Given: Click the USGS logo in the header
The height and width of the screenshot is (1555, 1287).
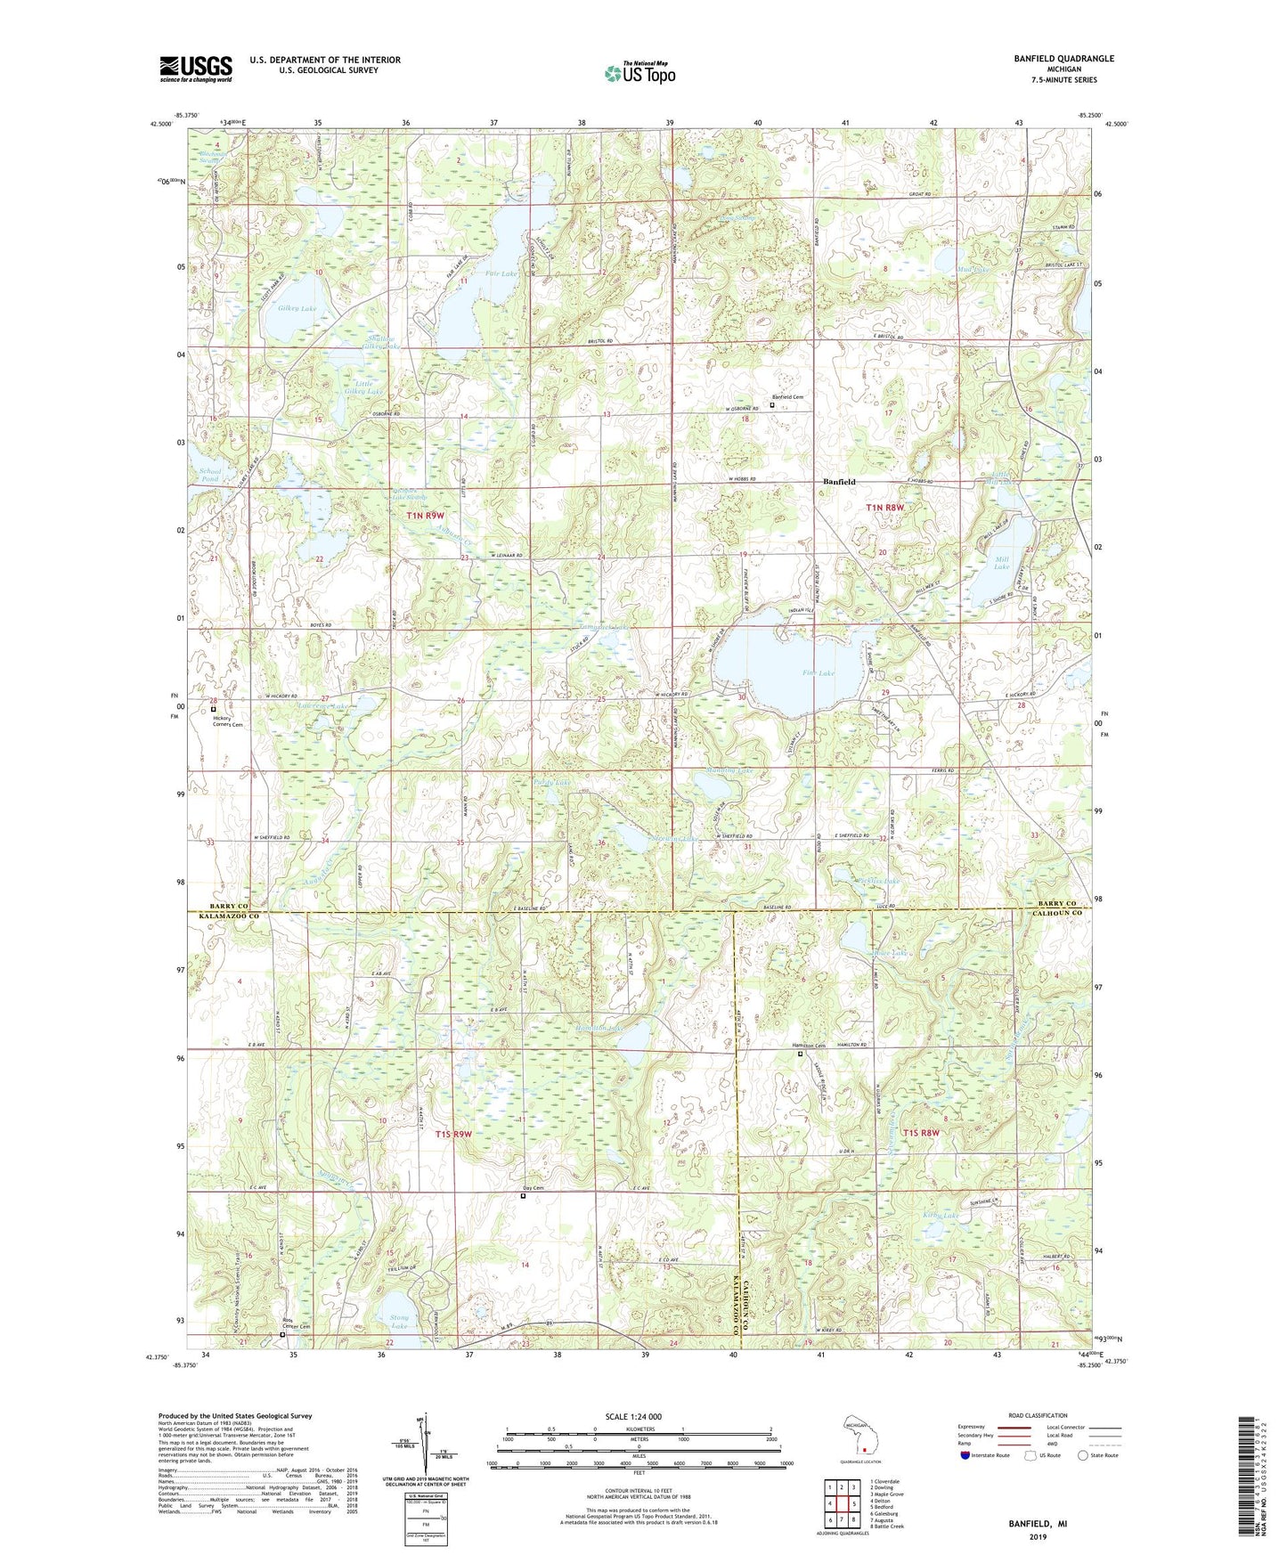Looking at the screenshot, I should click(x=196, y=69).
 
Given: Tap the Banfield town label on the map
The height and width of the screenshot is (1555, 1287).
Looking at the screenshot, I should click(x=839, y=482).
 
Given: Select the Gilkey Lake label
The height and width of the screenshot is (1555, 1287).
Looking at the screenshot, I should click(x=297, y=309).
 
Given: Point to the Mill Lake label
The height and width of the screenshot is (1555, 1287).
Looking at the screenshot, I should click(x=1002, y=563).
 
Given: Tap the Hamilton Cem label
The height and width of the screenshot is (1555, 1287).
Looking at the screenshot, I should click(x=809, y=1046).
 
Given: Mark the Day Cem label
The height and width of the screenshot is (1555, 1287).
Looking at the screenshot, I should click(x=533, y=1188).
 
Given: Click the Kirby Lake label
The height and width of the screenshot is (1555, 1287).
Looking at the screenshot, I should click(x=942, y=1216).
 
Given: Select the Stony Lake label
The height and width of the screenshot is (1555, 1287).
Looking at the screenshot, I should click(x=399, y=1322).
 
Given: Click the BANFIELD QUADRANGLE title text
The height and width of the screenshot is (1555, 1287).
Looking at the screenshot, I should click(x=1063, y=59).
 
